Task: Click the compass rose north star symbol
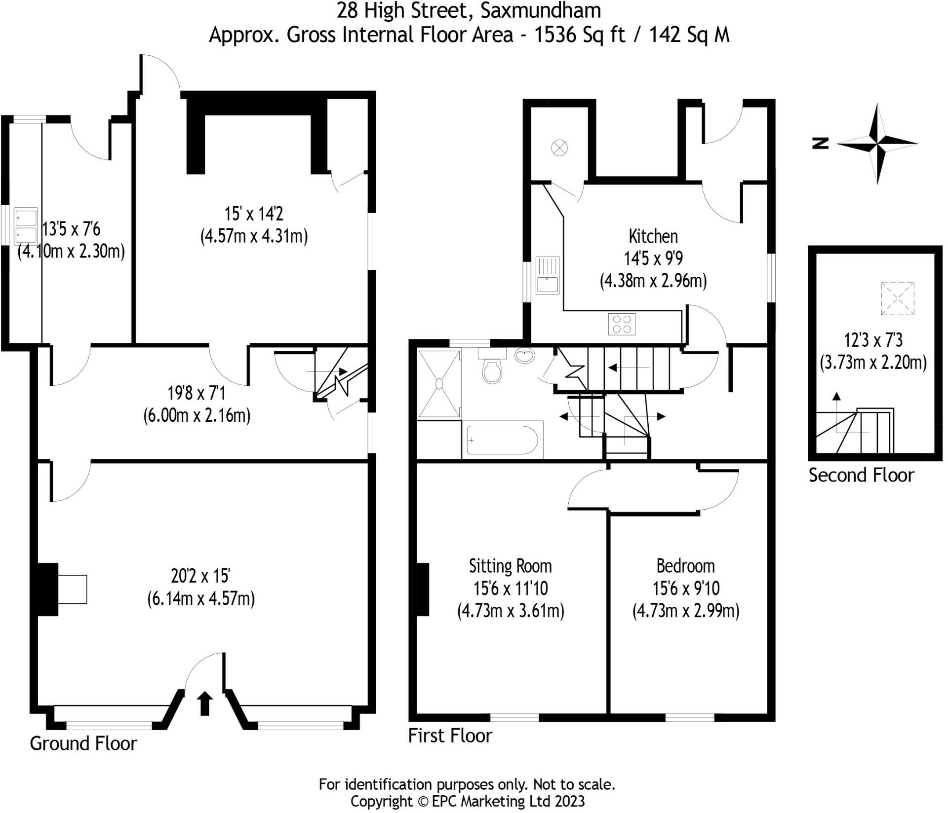[877, 144]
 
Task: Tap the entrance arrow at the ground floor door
[205, 703]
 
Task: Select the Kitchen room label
[653, 236]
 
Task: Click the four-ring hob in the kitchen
[622, 324]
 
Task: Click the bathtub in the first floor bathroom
[502, 440]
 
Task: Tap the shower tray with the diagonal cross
[439, 383]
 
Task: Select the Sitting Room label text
[510, 566]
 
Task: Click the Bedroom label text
[685, 566]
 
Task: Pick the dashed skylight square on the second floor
[897, 298]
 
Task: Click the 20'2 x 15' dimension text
[200, 576]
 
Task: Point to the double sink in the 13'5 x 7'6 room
[26, 226]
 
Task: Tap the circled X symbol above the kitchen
[559, 148]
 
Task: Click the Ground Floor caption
[83, 743]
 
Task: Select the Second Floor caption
[861, 475]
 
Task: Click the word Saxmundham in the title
[541, 10]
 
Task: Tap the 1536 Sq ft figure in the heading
[579, 35]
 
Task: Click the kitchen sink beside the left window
[548, 275]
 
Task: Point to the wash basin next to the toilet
[524, 355]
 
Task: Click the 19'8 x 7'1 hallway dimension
[196, 393]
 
